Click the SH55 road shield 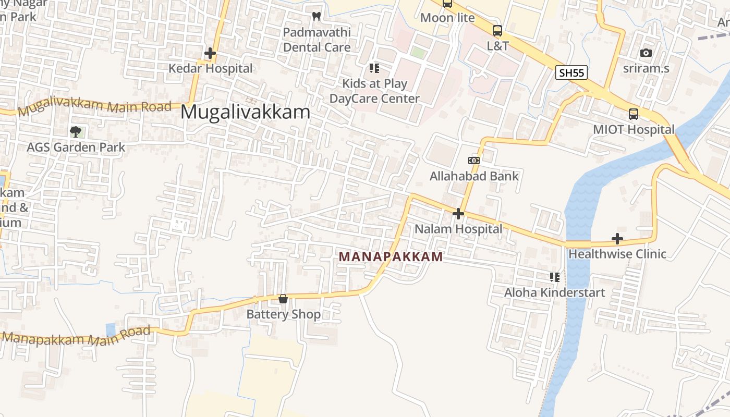click(x=571, y=72)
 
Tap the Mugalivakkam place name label click(x=245, y=112)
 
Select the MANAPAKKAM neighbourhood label click(x=391, y=256)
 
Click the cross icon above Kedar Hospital click(x=210, y=53)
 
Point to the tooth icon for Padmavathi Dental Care click(x=316, y=16)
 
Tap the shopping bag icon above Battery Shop click(x=283, y=299)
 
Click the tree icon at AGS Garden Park click(x=76, y=132)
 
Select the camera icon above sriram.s click(x=646, y=53)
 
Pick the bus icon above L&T click(x=497, y=31)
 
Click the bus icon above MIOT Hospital click(x=634, y=114)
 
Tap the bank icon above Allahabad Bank click(x=474, y=161)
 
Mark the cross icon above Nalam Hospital click(x=458, y=214)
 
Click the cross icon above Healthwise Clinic click(x=617, y=239)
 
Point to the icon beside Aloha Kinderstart click(x=554, y=277)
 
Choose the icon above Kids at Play click(x=374, y=68)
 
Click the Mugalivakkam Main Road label click(x=94, y=107)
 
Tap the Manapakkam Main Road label click(x=76, y=336)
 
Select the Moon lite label click(x=447, y=18)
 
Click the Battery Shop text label click(x=283, y=314)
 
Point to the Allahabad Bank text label click(x=474, y=176)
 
